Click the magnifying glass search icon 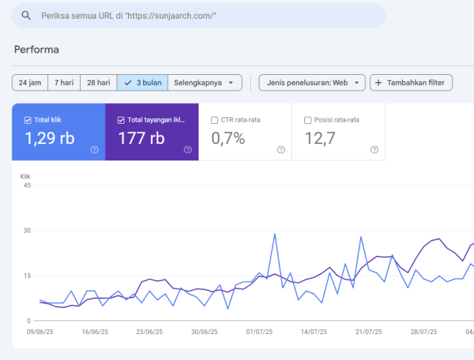27,15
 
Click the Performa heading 36,49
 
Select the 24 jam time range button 30,83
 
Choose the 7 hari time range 64,83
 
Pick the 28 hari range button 99,83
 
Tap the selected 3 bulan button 142,83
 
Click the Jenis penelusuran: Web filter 312,83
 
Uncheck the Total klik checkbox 27,120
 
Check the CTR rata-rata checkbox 214,120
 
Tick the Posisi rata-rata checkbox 308,120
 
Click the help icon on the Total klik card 94,150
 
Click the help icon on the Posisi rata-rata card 374,150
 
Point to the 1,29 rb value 50,138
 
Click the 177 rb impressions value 142,138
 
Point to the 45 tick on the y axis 27,186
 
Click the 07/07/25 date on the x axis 259,332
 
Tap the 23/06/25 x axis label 150,332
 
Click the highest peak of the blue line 275,233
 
